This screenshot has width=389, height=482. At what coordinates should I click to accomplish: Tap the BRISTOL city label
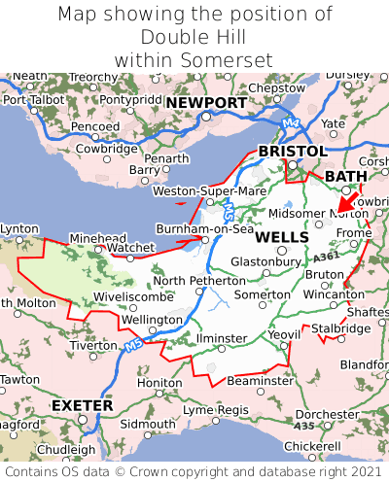click(292, 152)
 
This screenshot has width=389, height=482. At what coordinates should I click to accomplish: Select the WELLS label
click(282, 237)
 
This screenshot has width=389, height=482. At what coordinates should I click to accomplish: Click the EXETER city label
click(82, 404)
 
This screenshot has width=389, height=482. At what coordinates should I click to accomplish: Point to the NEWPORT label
click(206, 103)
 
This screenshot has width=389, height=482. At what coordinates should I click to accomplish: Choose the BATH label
click(346, 176)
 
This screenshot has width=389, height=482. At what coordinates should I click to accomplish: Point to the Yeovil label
click(285, 336)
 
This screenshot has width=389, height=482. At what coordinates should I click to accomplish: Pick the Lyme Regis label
click(217, 409)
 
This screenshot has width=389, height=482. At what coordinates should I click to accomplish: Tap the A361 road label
click(328, 256)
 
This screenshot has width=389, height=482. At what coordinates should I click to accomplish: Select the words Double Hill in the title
click(193, 37)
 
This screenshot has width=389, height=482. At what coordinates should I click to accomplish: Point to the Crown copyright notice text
click(194, 471)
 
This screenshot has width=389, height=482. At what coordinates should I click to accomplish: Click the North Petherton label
click(198, 281)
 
